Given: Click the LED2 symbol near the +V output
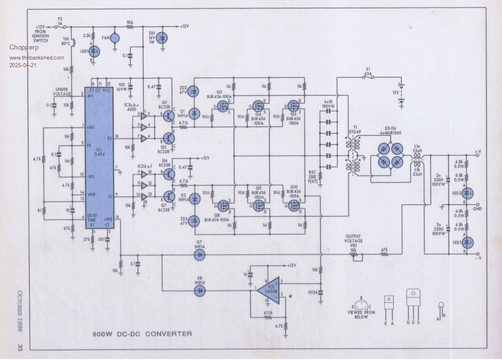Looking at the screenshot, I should click(466, 194).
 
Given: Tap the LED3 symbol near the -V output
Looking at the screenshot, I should click(466, 243).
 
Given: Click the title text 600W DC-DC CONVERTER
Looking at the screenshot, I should click(142, 333).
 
